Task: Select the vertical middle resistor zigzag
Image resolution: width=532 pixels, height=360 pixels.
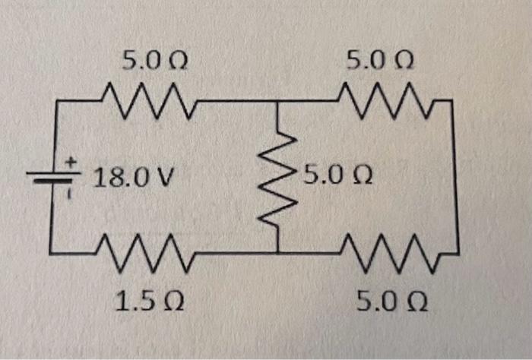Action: [278, 177]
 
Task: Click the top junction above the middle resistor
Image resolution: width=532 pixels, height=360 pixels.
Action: [277, 99]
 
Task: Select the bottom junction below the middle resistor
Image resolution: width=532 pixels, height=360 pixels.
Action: [277, 251]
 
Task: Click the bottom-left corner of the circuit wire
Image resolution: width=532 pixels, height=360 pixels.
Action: [52, 250]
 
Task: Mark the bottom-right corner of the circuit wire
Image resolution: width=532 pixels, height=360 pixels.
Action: [458, 249]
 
